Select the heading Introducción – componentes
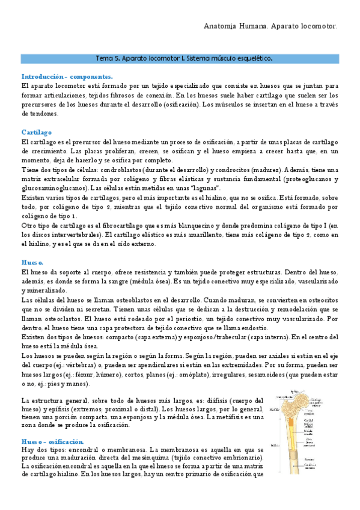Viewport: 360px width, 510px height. (x=67, y=77)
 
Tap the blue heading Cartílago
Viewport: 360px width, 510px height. (x=37, y=131)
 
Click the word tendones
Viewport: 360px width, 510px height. (x=41, y=113)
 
